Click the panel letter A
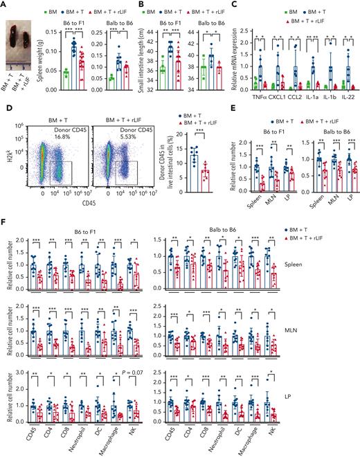click(5, 5)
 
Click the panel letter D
click(5, 109)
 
